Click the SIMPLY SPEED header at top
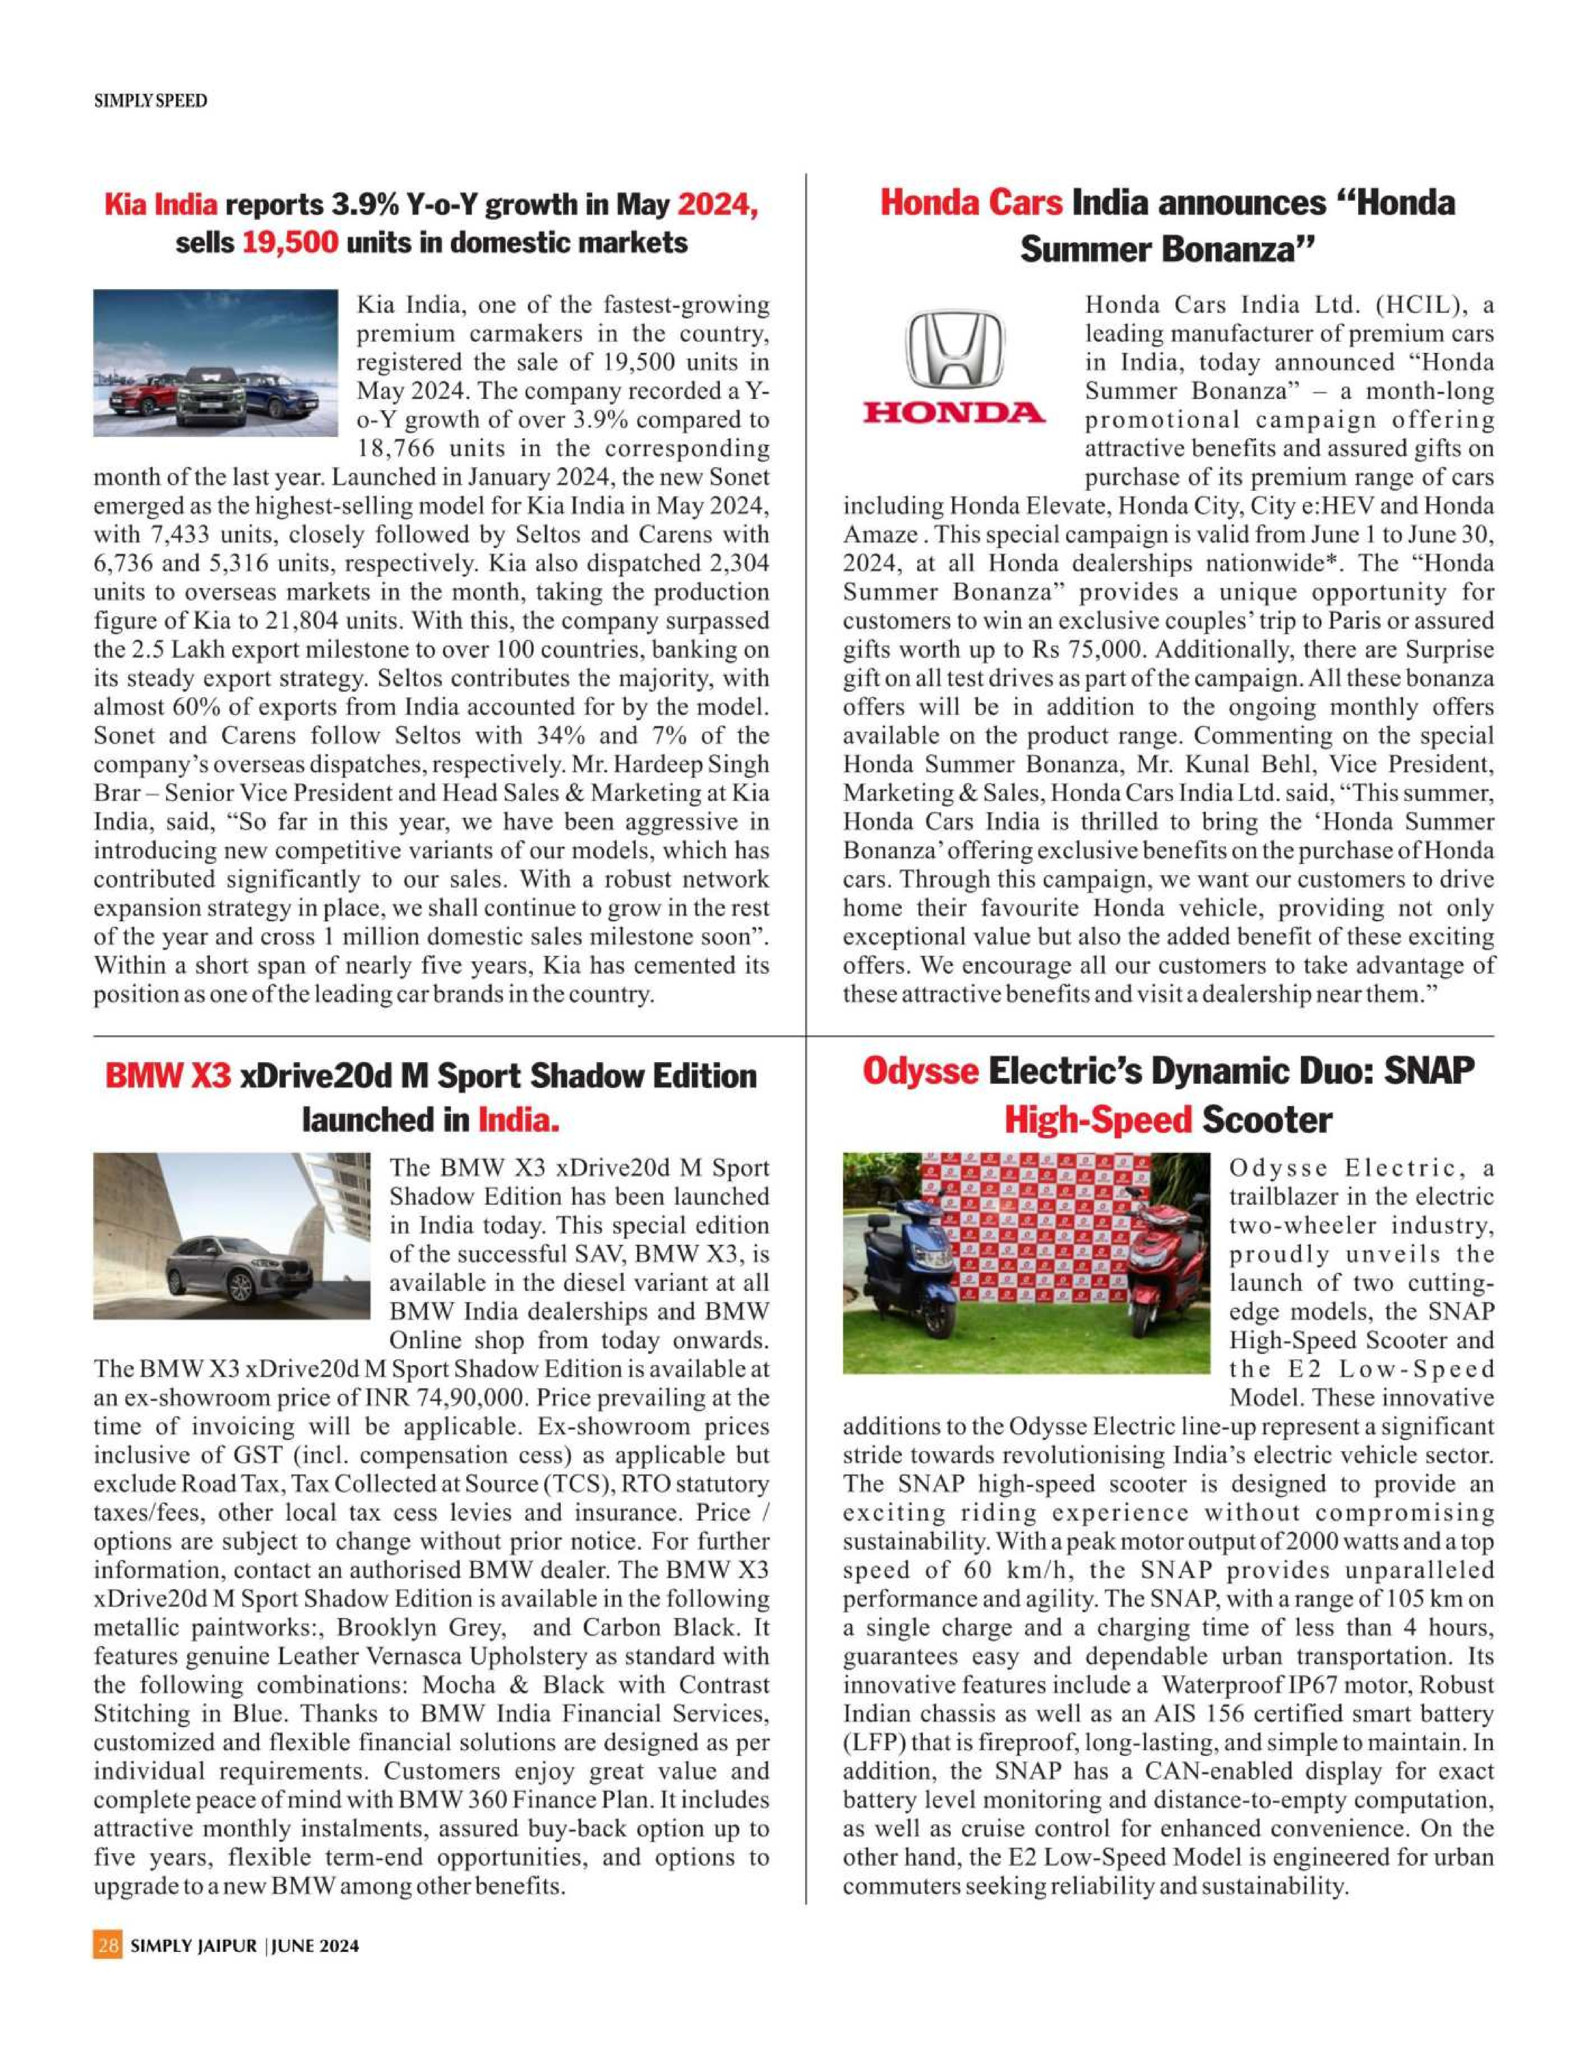(x=150, y=101)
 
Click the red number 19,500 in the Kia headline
(x=291, y=243)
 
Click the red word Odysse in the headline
(x=920, y=1071)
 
